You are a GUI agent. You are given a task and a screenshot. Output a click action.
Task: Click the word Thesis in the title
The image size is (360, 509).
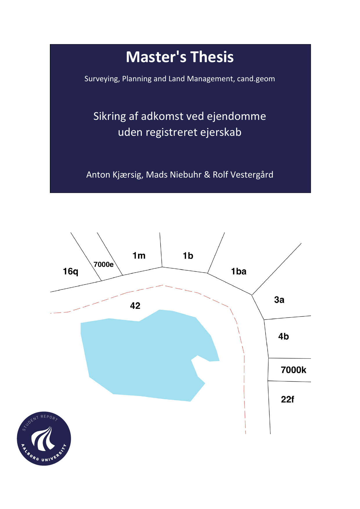point(212,57)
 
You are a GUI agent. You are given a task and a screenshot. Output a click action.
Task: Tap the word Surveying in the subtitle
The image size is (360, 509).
point(102,79)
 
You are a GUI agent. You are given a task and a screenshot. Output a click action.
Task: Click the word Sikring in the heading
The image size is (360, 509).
point(110,116)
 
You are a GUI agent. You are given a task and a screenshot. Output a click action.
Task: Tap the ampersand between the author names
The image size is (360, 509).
point(207,175)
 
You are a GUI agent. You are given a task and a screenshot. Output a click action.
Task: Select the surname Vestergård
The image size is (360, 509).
point(243,175)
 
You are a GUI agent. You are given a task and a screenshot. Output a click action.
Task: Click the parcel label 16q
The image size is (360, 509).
point(70,271)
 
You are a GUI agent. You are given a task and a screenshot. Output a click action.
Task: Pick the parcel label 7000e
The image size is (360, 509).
point(103,264)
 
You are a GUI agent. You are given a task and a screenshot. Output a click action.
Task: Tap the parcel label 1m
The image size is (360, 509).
point(139,256)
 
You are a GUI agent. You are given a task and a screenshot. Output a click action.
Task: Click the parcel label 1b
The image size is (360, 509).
point(188,256)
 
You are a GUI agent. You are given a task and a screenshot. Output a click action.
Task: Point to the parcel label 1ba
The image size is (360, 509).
point(238,271)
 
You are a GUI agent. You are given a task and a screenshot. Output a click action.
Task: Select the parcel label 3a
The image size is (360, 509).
point(279,300)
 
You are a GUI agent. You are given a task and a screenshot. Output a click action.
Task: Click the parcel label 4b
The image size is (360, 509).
point(283,336)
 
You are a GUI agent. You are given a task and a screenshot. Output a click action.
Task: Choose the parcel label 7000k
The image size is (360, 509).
point(293,370)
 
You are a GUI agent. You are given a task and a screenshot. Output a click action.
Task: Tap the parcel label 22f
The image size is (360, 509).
point(287,399)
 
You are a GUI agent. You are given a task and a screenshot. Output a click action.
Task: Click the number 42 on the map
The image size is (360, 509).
point(135,306)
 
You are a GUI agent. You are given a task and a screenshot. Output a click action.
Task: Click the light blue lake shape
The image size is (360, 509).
point(145,357)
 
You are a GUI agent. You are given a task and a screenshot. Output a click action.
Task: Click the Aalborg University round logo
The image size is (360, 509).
point(44,438)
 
